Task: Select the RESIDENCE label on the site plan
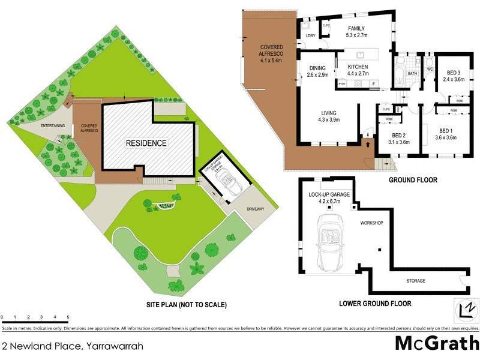(x=146, y=143)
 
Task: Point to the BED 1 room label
(x=445, y=134)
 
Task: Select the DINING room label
(x=318, y=71)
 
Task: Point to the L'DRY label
(x=310, y=37)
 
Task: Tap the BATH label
(x=412, y=74)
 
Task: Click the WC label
(x=430, y=69)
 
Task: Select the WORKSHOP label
(x=371, y=223)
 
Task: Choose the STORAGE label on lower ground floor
(x=415, y=281)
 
